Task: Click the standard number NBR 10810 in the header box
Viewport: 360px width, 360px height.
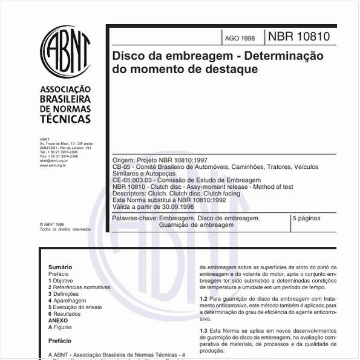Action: point(299,36)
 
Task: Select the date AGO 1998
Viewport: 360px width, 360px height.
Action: point(240,38)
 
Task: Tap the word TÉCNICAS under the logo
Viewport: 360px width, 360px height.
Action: point(65,119)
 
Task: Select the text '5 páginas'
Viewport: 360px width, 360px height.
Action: point(306,217)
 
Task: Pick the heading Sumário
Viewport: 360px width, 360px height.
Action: point(60,267)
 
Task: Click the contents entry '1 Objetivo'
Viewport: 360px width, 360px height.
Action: point(61,281)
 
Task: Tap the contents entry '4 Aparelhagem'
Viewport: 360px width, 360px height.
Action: point(67,300)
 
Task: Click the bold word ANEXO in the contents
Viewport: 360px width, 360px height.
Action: point(58,321)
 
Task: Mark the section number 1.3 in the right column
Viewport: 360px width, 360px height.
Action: point(203,331)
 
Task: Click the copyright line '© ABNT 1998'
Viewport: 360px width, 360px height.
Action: point(51,224)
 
